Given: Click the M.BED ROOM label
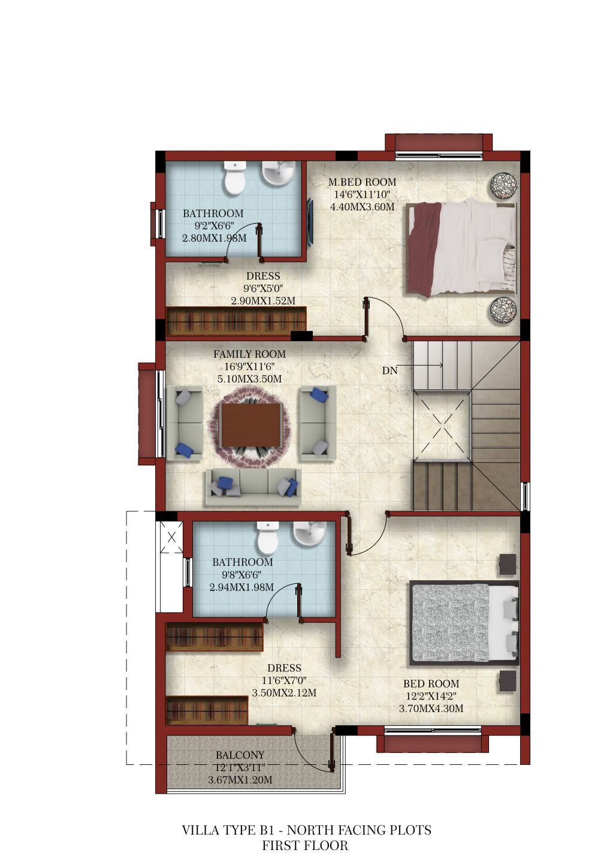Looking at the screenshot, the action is pos(362,182).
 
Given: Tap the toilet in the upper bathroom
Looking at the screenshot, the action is pos(235,178).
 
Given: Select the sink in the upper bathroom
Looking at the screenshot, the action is pos(278,173).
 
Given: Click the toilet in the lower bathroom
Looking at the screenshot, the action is pos(268,538).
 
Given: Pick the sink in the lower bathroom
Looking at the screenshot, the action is pos(309,533).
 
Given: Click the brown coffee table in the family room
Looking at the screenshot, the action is pos(251,424).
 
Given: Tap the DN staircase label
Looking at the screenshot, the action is pos(389,371).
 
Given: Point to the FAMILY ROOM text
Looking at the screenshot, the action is pos(250,354).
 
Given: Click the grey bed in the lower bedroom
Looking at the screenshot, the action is pos(464,623).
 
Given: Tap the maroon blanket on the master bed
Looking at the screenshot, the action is pos(425,248).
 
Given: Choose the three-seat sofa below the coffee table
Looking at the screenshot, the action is pos(253,487).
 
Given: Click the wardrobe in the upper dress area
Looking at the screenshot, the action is pos(236,321).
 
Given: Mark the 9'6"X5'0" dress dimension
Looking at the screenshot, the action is pos(263,289).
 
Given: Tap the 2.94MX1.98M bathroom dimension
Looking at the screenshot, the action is pos(241,587).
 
